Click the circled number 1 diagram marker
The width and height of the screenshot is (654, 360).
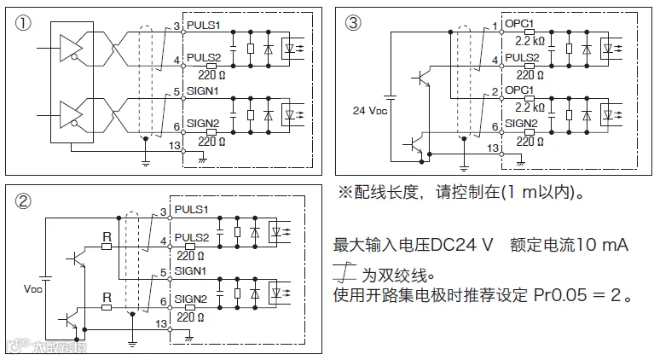point(23,23)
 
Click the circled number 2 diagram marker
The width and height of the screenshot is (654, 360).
point(23,201)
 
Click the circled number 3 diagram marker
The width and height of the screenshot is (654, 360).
point(353,23)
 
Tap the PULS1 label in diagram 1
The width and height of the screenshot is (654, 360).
point(204,25)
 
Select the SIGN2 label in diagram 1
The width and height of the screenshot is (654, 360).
point(203,124)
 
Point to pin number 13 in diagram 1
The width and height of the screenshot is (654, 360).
point(175,146)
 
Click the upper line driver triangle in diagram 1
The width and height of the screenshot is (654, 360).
point(71,48)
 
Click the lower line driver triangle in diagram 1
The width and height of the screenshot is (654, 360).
point(71,114)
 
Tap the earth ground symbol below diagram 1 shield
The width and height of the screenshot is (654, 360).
point(145,162)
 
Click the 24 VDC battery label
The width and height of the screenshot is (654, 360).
point(370,111)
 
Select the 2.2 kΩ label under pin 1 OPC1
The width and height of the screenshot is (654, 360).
point(530,41)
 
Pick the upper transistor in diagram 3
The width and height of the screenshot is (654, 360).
point(421,78)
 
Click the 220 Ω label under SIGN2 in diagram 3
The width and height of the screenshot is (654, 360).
point(530,142)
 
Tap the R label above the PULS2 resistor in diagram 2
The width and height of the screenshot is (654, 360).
point(107,237)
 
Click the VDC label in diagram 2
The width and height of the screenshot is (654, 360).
point(33,288)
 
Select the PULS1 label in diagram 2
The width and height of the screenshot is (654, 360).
point(191,209)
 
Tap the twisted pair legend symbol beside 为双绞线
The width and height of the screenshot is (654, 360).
point(344,271)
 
